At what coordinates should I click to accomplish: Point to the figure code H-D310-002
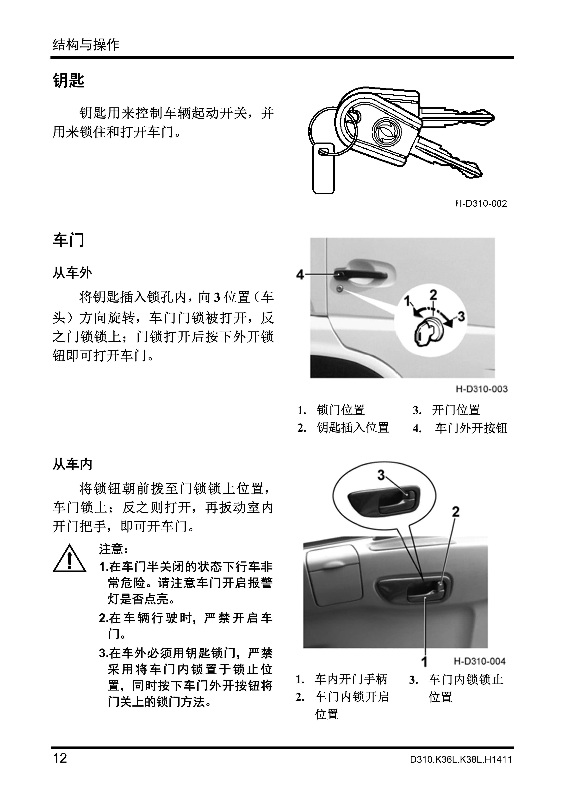(481, 204)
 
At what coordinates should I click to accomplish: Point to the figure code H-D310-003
(481, 389)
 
